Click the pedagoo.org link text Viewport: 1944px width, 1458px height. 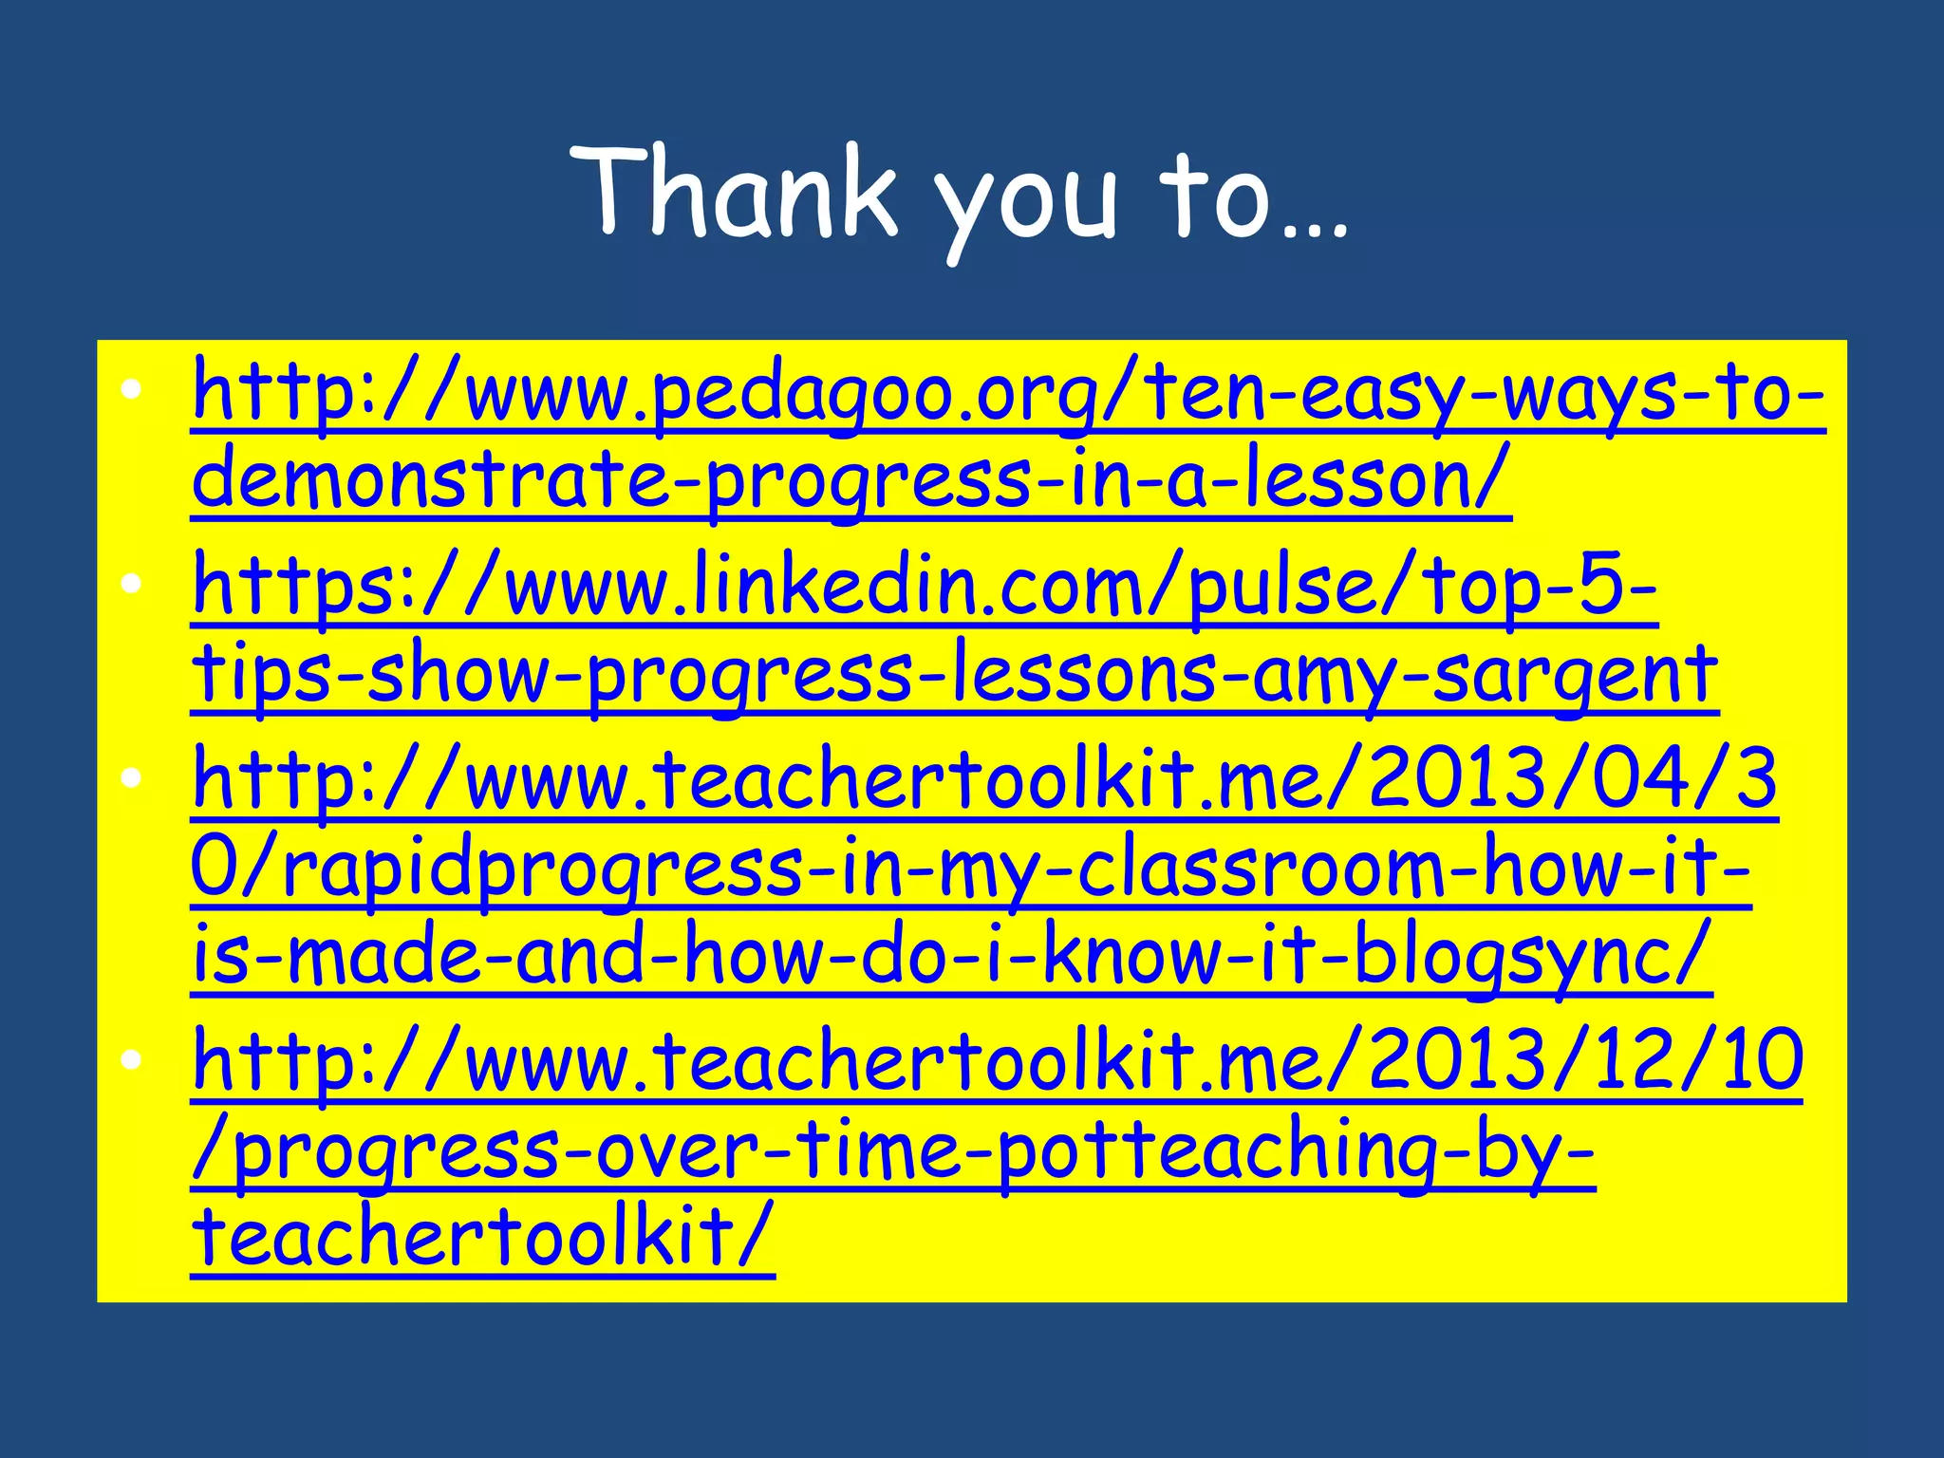point(1006,395)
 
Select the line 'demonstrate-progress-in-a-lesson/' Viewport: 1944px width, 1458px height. point(850,480)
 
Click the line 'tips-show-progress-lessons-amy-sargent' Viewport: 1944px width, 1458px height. point(954,674)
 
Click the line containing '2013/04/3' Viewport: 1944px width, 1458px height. point(983,779)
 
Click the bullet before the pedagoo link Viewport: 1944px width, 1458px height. point(132,388)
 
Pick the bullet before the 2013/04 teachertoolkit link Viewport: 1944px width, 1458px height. point(132,778)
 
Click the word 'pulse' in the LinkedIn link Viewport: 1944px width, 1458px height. point(1281,588)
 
